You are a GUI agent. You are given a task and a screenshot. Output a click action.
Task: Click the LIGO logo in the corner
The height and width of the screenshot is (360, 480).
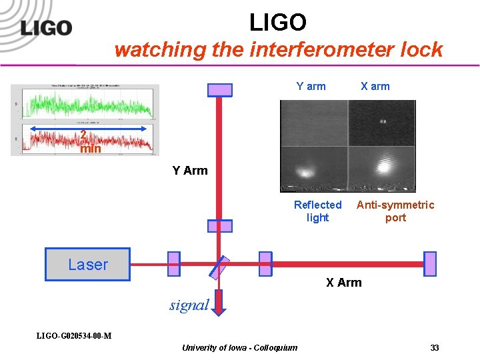(x=46, y=27)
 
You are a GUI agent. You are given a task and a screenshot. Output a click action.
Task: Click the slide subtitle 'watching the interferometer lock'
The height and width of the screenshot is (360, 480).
(x=278, y=49)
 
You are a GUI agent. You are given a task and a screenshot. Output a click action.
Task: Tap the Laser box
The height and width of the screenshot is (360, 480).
(x=87, y=264)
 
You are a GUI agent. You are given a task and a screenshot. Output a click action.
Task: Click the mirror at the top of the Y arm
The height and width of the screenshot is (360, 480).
(x=220, y=89)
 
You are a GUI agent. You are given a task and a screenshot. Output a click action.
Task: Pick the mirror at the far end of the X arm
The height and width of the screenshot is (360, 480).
(x=430, y=264)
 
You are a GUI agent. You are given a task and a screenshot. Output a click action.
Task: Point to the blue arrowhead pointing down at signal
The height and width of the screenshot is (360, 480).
(x=220, y=309)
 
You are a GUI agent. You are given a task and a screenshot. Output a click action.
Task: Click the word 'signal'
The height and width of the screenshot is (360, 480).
(x=189, y=305)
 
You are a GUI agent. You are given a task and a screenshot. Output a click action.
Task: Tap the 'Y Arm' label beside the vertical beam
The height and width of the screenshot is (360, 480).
(x=190, y=171)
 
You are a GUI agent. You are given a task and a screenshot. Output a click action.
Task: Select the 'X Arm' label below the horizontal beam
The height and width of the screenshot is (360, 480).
(x=343, y=283)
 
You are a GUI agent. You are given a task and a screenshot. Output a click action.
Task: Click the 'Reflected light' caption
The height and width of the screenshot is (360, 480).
(x=317, y=211)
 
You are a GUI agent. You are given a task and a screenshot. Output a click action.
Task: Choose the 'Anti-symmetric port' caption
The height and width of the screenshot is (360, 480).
(x=395, y=211)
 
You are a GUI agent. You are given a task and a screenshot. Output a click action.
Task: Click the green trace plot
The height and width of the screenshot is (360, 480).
(x=87, y=105)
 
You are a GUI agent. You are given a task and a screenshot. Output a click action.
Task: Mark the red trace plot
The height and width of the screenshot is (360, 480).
(x=87, y=139)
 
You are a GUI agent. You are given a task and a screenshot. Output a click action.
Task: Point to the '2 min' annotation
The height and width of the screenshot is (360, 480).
(x=89, y=142)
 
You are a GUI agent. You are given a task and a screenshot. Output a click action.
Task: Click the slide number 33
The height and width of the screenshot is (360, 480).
(x=435, y=348)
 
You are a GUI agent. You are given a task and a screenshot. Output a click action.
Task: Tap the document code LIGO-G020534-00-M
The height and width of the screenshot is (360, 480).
(x=74, y=335)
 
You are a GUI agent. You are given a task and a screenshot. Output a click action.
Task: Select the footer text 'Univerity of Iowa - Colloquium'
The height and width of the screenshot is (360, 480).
(x=239, y=348)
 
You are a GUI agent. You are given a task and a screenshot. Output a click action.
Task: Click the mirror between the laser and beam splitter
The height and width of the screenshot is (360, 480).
(x=173, y=264)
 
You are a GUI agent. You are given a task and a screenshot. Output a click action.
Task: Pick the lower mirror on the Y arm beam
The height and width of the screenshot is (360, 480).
(x=220, y=226)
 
